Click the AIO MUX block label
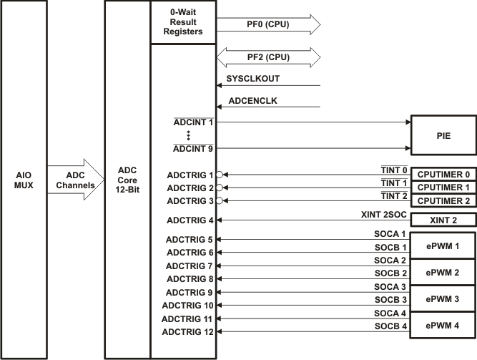pos(24,179)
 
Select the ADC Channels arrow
pos(75,180)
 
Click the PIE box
pos(443,135)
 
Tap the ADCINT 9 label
pos(194,149)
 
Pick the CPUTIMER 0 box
pos(443,174)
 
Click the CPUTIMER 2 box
pos(443,201)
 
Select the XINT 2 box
pos(443,221)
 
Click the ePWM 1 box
pos(443,245)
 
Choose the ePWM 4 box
pos(443,324)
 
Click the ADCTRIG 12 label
pos(188,331)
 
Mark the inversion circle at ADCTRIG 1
pos(220,174)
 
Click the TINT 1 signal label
pos(394,183)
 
